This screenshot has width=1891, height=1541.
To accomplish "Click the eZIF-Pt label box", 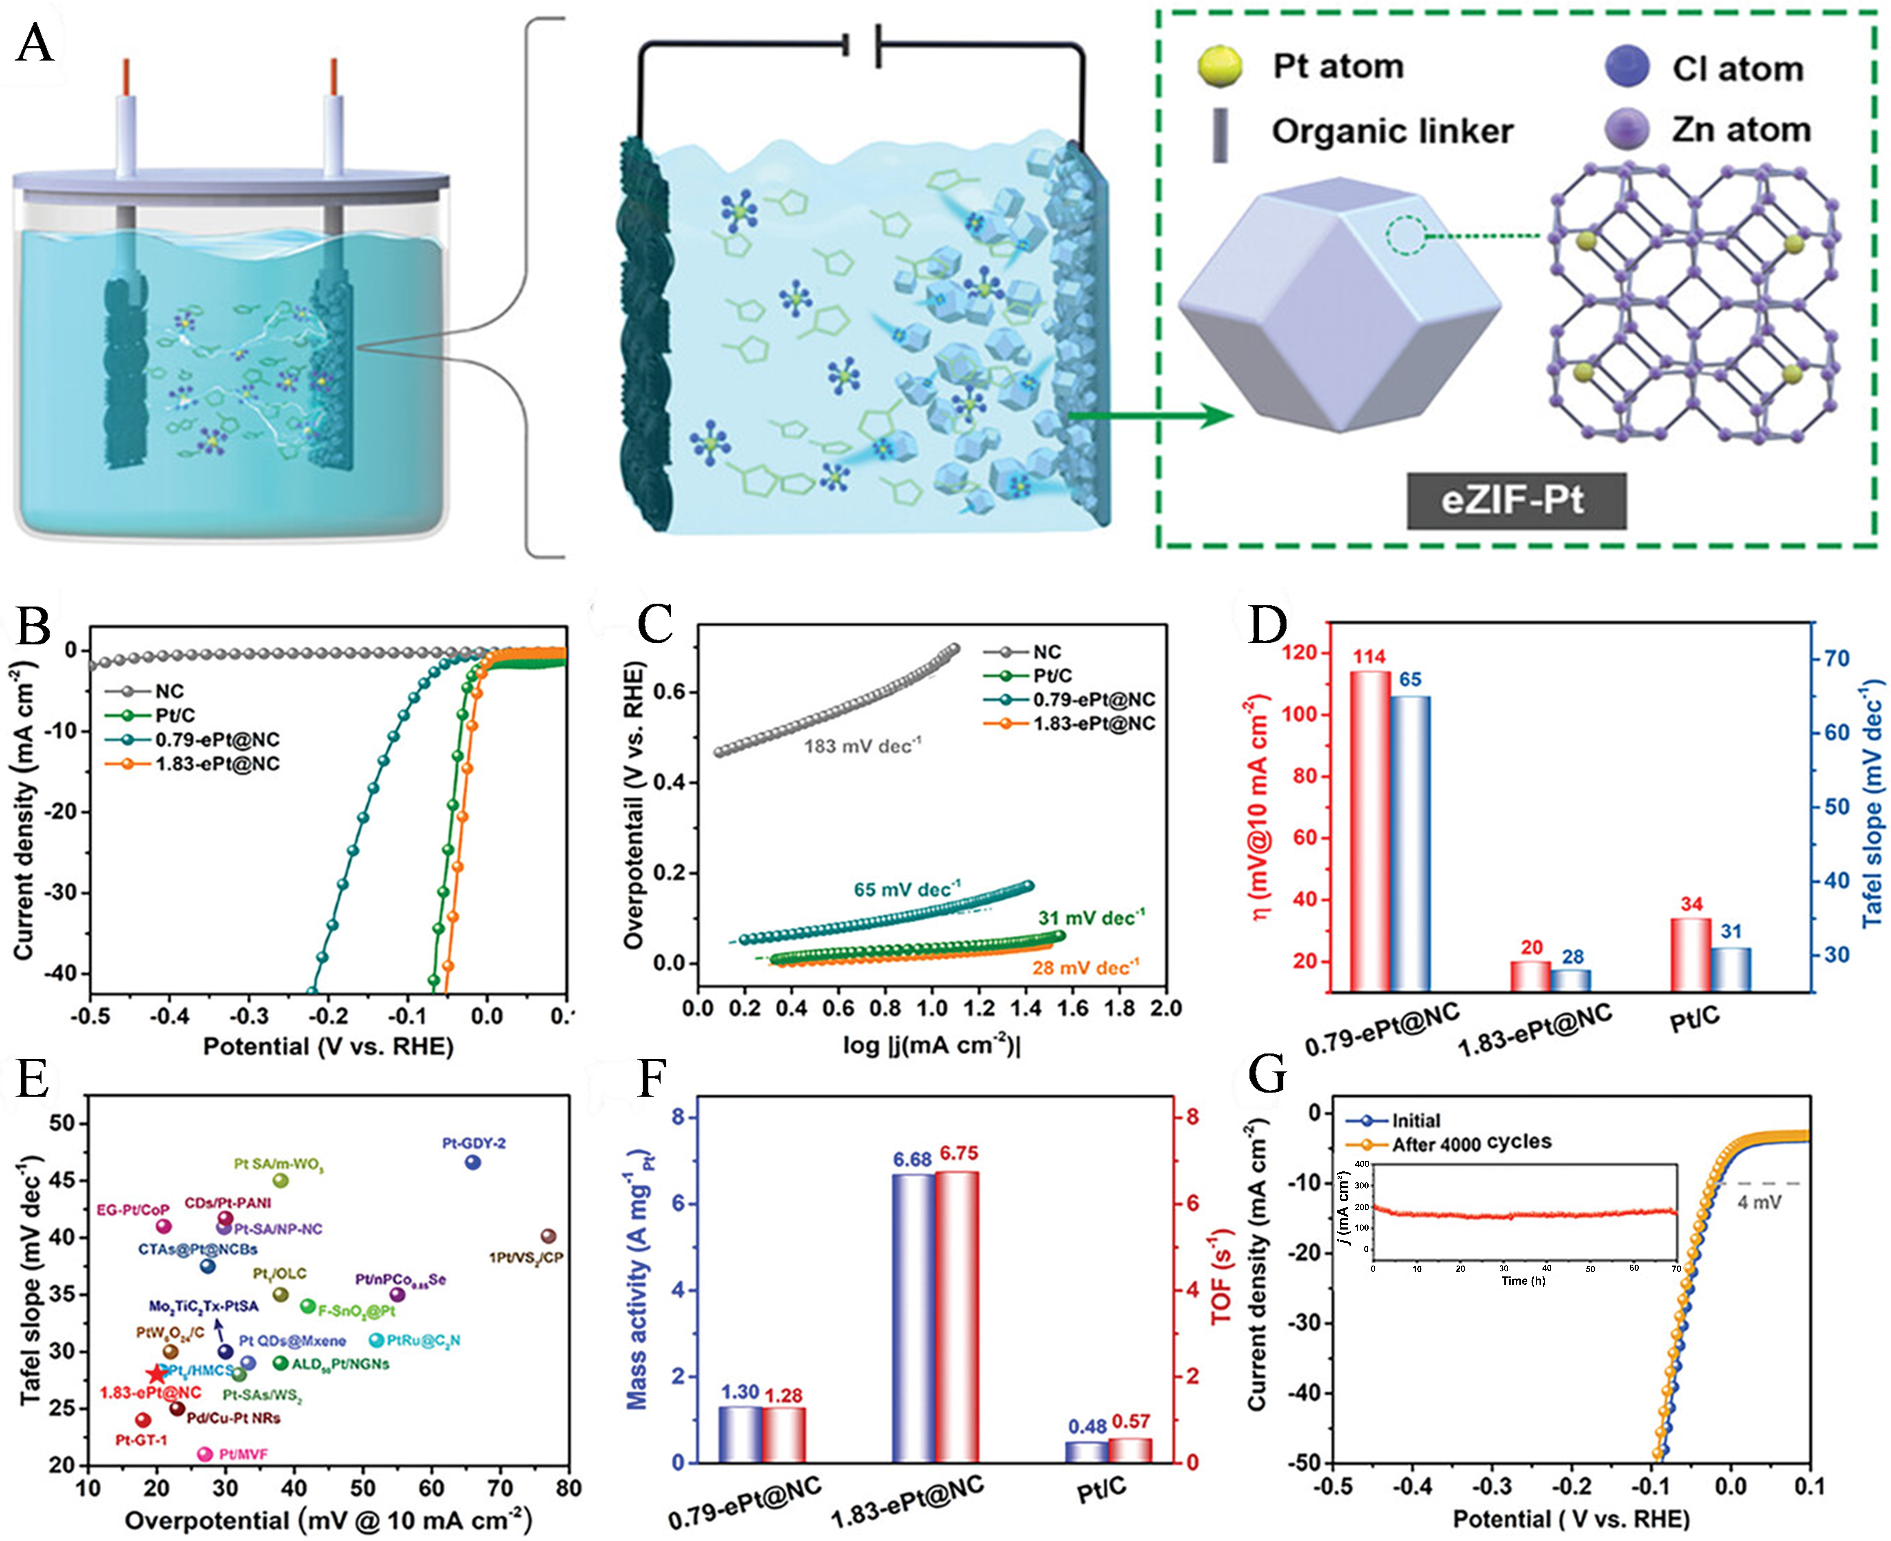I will pyautogui.click(x=1515, y=501).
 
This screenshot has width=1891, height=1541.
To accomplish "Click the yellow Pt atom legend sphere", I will pyautogui.click(x=1219, y=67).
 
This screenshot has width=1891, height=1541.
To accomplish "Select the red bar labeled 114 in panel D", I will pyautogui.click(x=1369, y=830).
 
